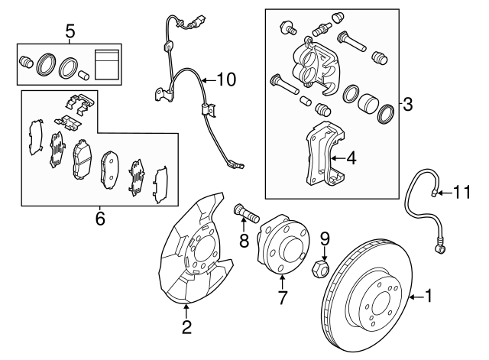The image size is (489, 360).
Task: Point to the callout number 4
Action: pos(351,158)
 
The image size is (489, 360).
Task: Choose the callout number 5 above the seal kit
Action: pos(70,31)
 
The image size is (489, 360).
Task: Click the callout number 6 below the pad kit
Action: pos(99,219)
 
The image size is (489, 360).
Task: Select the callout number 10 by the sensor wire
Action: pos(227,79)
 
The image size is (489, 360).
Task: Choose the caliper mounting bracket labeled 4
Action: pos(322,155)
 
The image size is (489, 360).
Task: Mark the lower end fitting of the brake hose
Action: pos(441,246)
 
